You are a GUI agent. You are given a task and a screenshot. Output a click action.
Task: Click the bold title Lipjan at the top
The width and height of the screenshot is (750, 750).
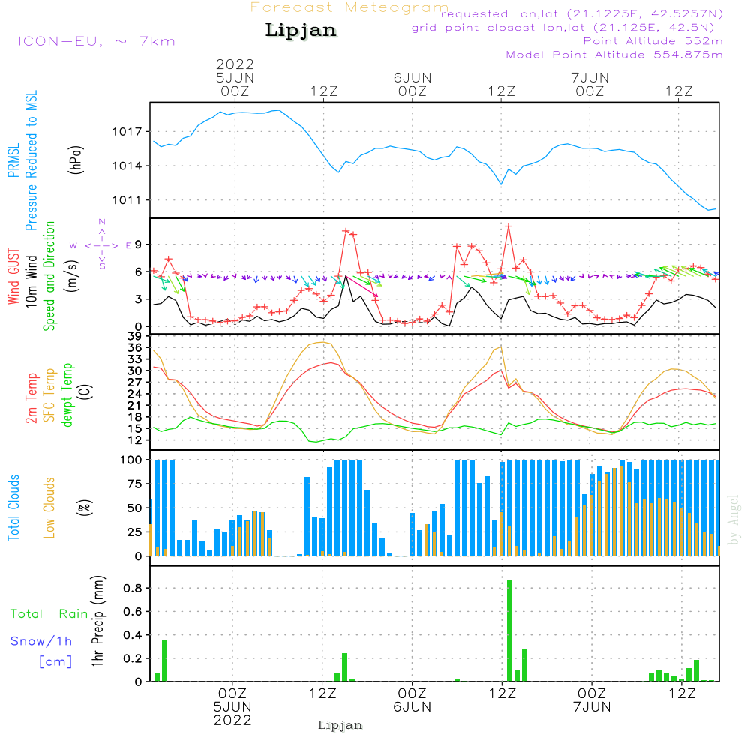point(301,31)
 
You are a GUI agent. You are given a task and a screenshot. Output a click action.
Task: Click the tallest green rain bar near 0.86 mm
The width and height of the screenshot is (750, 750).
point(509,630)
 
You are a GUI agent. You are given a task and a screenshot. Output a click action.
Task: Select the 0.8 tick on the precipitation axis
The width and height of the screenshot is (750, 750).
point(133,588)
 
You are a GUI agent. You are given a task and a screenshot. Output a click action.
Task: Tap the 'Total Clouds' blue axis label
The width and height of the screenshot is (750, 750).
point(13,508)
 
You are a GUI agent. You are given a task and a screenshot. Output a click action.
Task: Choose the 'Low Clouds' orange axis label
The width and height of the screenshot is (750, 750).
point(49,508)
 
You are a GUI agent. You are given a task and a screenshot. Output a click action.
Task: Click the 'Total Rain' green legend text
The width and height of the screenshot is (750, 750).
point(49,613)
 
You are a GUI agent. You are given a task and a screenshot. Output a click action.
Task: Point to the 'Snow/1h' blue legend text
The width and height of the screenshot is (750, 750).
point(41,641)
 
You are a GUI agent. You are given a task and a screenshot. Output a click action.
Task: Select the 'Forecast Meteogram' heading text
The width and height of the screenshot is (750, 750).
point(349,7)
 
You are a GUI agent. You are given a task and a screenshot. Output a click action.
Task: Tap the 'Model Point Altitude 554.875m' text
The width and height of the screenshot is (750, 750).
point(614,55)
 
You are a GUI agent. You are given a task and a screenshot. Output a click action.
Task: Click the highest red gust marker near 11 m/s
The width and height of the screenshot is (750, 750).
point(508,226)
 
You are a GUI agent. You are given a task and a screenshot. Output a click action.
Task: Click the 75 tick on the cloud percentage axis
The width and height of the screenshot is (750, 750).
point(133,484)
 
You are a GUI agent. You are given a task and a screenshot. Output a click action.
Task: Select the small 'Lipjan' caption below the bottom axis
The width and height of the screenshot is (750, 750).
point(340,725)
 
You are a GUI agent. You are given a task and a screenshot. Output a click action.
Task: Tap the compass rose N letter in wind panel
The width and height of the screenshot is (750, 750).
point(102,222)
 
